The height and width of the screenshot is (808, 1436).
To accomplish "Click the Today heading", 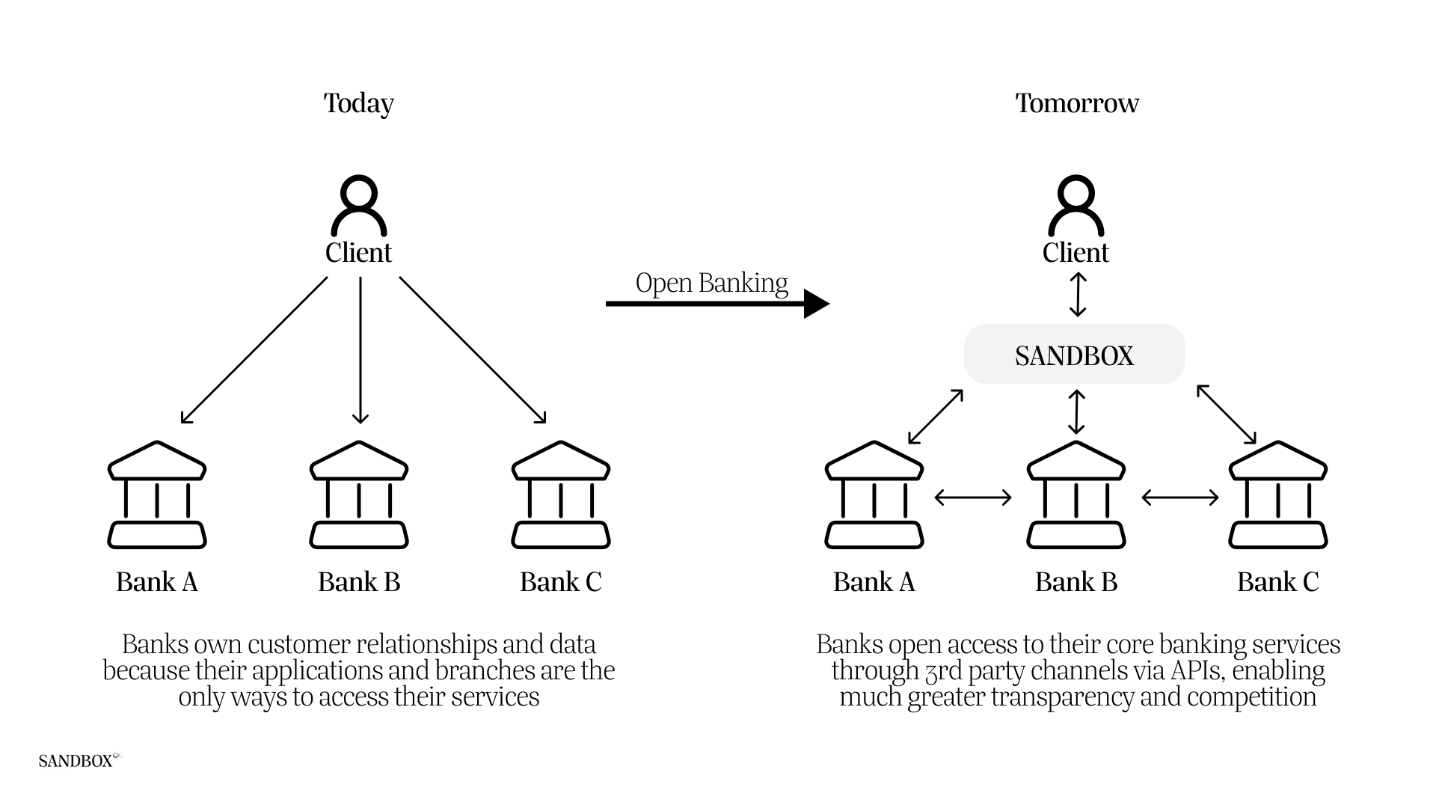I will (358, 103).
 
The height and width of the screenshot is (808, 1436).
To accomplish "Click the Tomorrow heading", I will (1076, 103).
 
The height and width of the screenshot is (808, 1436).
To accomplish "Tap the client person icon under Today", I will (359, 206).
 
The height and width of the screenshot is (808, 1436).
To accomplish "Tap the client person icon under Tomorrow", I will (1076, 206).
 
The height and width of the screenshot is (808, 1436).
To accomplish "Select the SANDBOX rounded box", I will (1074, 355).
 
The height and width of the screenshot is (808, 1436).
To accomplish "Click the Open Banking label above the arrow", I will (711, 284).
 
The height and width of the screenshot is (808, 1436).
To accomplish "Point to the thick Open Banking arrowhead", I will (816, 304).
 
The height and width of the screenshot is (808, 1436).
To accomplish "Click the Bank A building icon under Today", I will (157, 495).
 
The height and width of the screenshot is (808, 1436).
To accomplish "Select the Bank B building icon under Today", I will (359, 495).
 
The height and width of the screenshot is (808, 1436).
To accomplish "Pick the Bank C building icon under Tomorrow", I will (1277, 495).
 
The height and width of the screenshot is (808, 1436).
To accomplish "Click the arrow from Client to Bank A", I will (254, 350).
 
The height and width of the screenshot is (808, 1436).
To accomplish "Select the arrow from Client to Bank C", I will (473, 350).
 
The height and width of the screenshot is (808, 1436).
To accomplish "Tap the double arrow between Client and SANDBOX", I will (1077, 294).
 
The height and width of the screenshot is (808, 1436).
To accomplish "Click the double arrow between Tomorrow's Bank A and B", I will (973, 497).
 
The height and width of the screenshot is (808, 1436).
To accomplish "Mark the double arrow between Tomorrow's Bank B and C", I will (1180, 497).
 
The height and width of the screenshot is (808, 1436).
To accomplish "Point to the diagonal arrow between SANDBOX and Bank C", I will (1227, 414).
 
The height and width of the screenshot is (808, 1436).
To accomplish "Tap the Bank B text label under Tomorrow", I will (1076, 582).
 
